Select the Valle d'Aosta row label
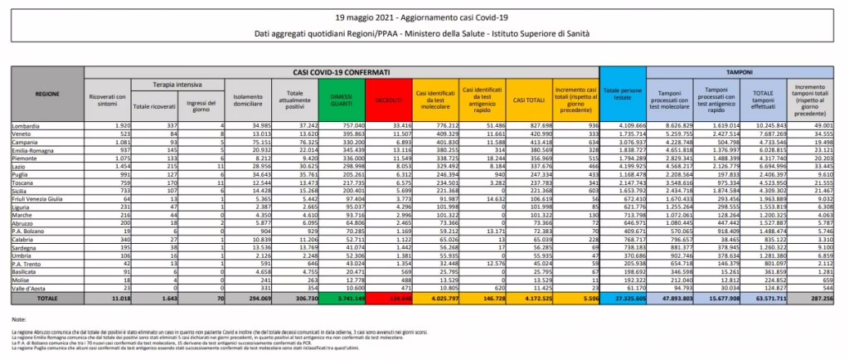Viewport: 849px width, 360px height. (x=30, y=286)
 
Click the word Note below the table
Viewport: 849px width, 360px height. (x=19, y=319)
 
